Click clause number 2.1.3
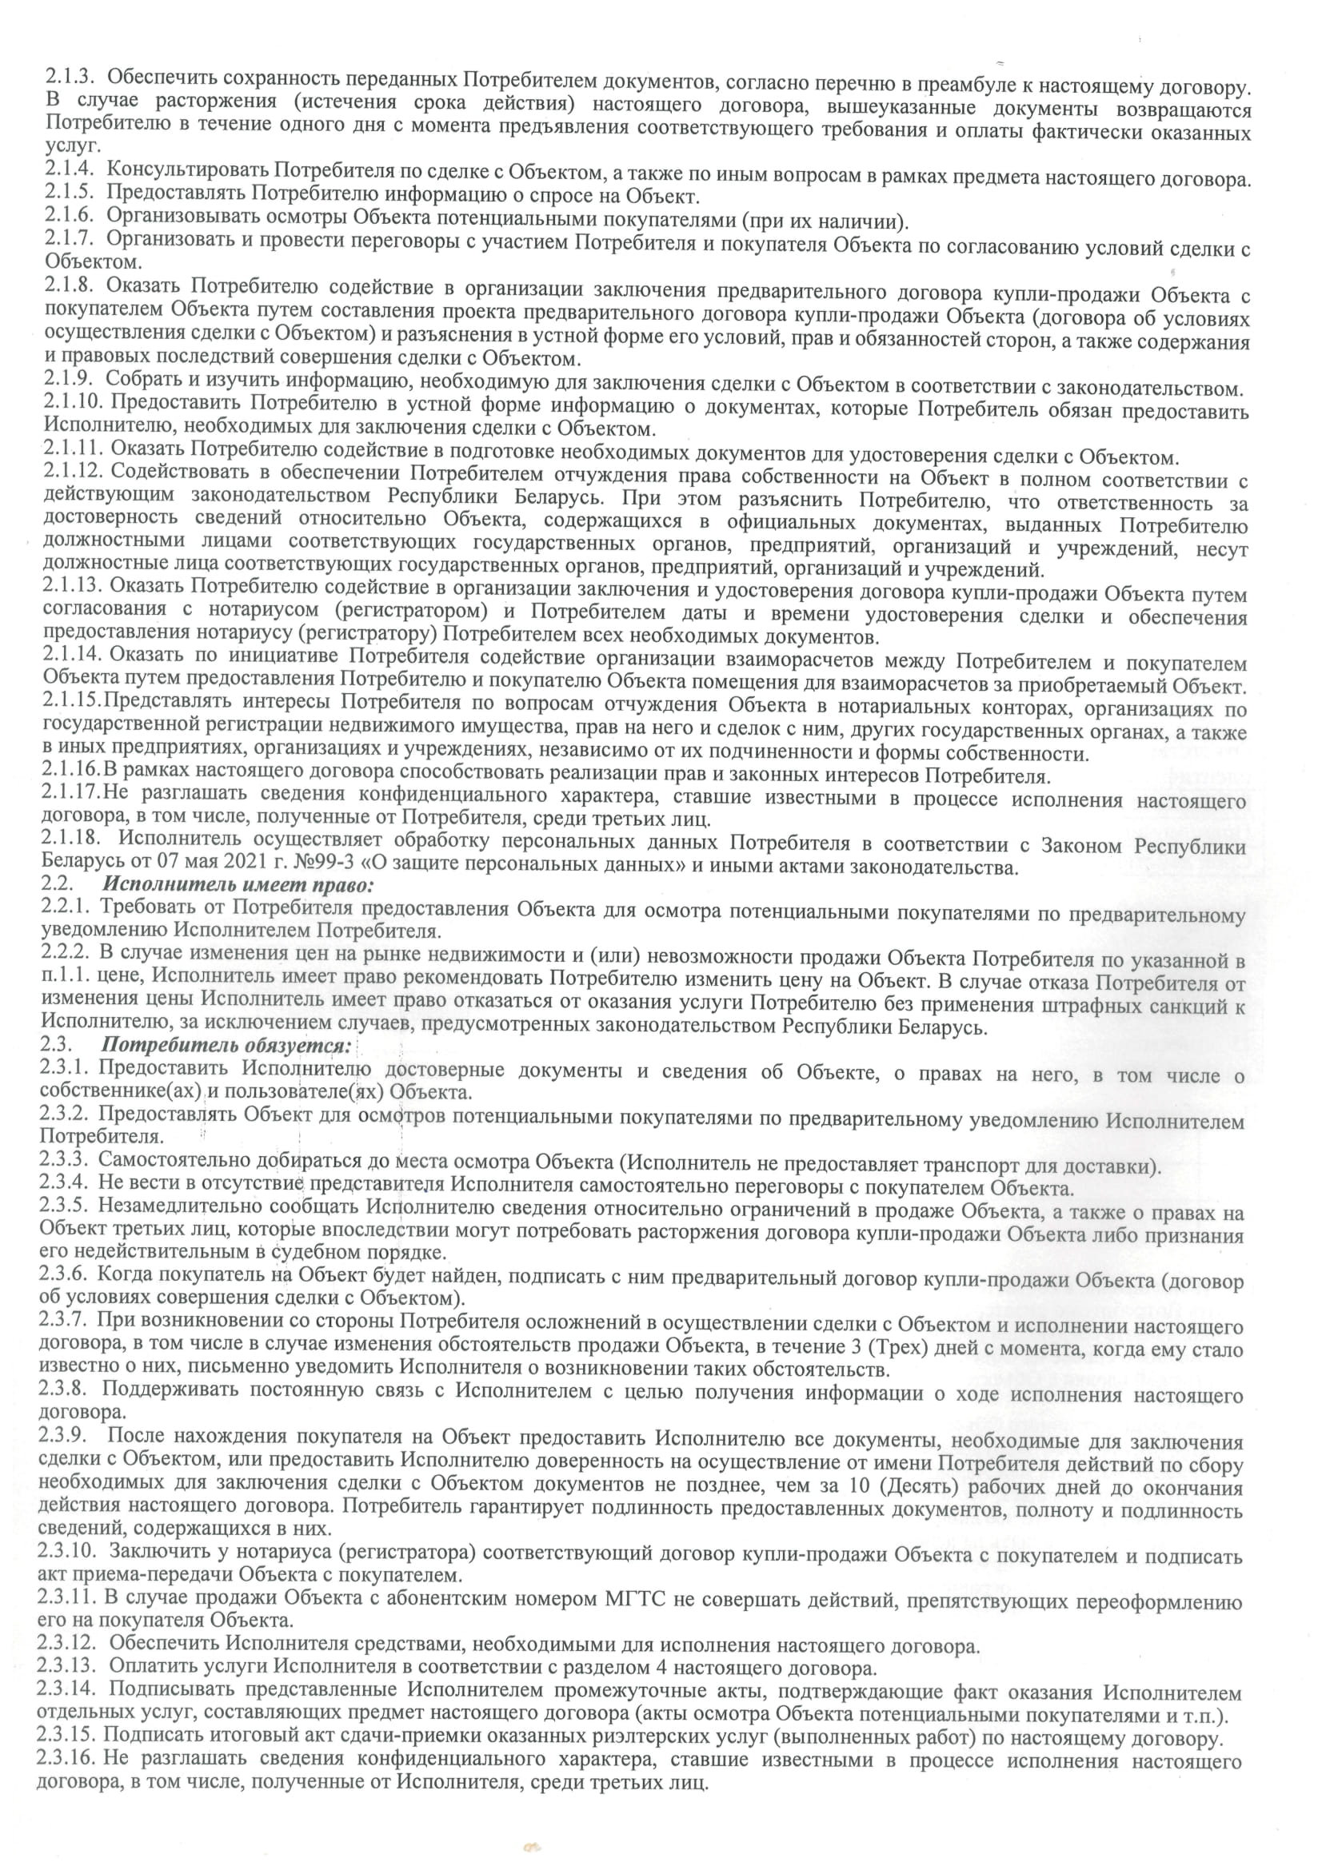[70, 78]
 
